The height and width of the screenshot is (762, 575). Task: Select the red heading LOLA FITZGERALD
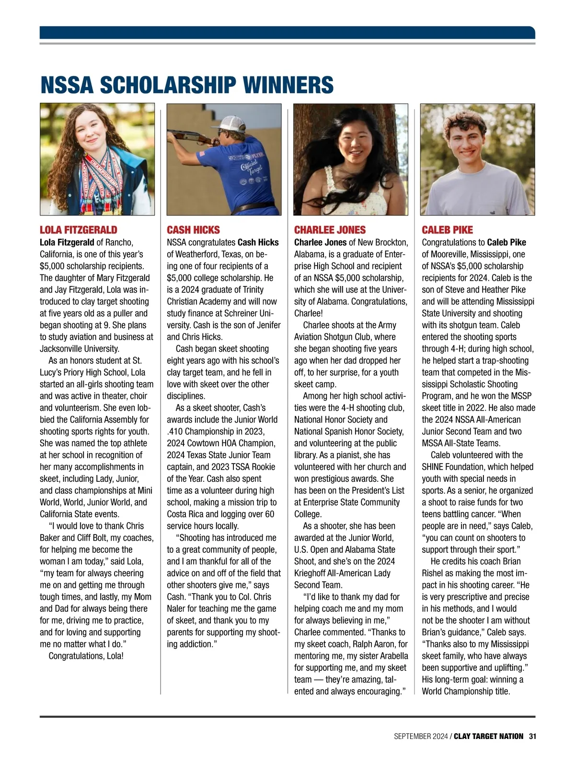[78, 230]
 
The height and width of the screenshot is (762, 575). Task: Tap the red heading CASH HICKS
[194, 230]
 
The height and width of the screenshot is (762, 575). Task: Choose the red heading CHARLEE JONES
[330, 230]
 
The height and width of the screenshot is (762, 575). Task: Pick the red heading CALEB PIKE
[447, 230]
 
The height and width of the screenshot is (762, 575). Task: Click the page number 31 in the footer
[532, 736]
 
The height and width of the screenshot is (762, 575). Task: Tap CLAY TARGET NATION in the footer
[488, 736]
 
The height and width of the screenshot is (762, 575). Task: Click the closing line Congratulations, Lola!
[86, 655]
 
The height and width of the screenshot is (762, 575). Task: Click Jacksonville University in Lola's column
[79, 349]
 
